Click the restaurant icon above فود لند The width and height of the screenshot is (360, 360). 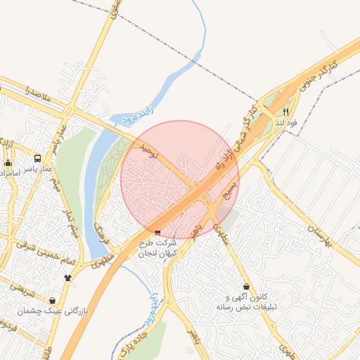285,111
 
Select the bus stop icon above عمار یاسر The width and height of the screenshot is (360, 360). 37,158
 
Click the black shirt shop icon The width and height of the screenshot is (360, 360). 67,276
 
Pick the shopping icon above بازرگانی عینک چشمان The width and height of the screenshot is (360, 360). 53,300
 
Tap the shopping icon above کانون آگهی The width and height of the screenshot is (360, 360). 246,287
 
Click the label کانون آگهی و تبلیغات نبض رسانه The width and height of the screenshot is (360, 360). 247,302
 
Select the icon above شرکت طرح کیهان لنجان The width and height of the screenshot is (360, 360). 157,231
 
